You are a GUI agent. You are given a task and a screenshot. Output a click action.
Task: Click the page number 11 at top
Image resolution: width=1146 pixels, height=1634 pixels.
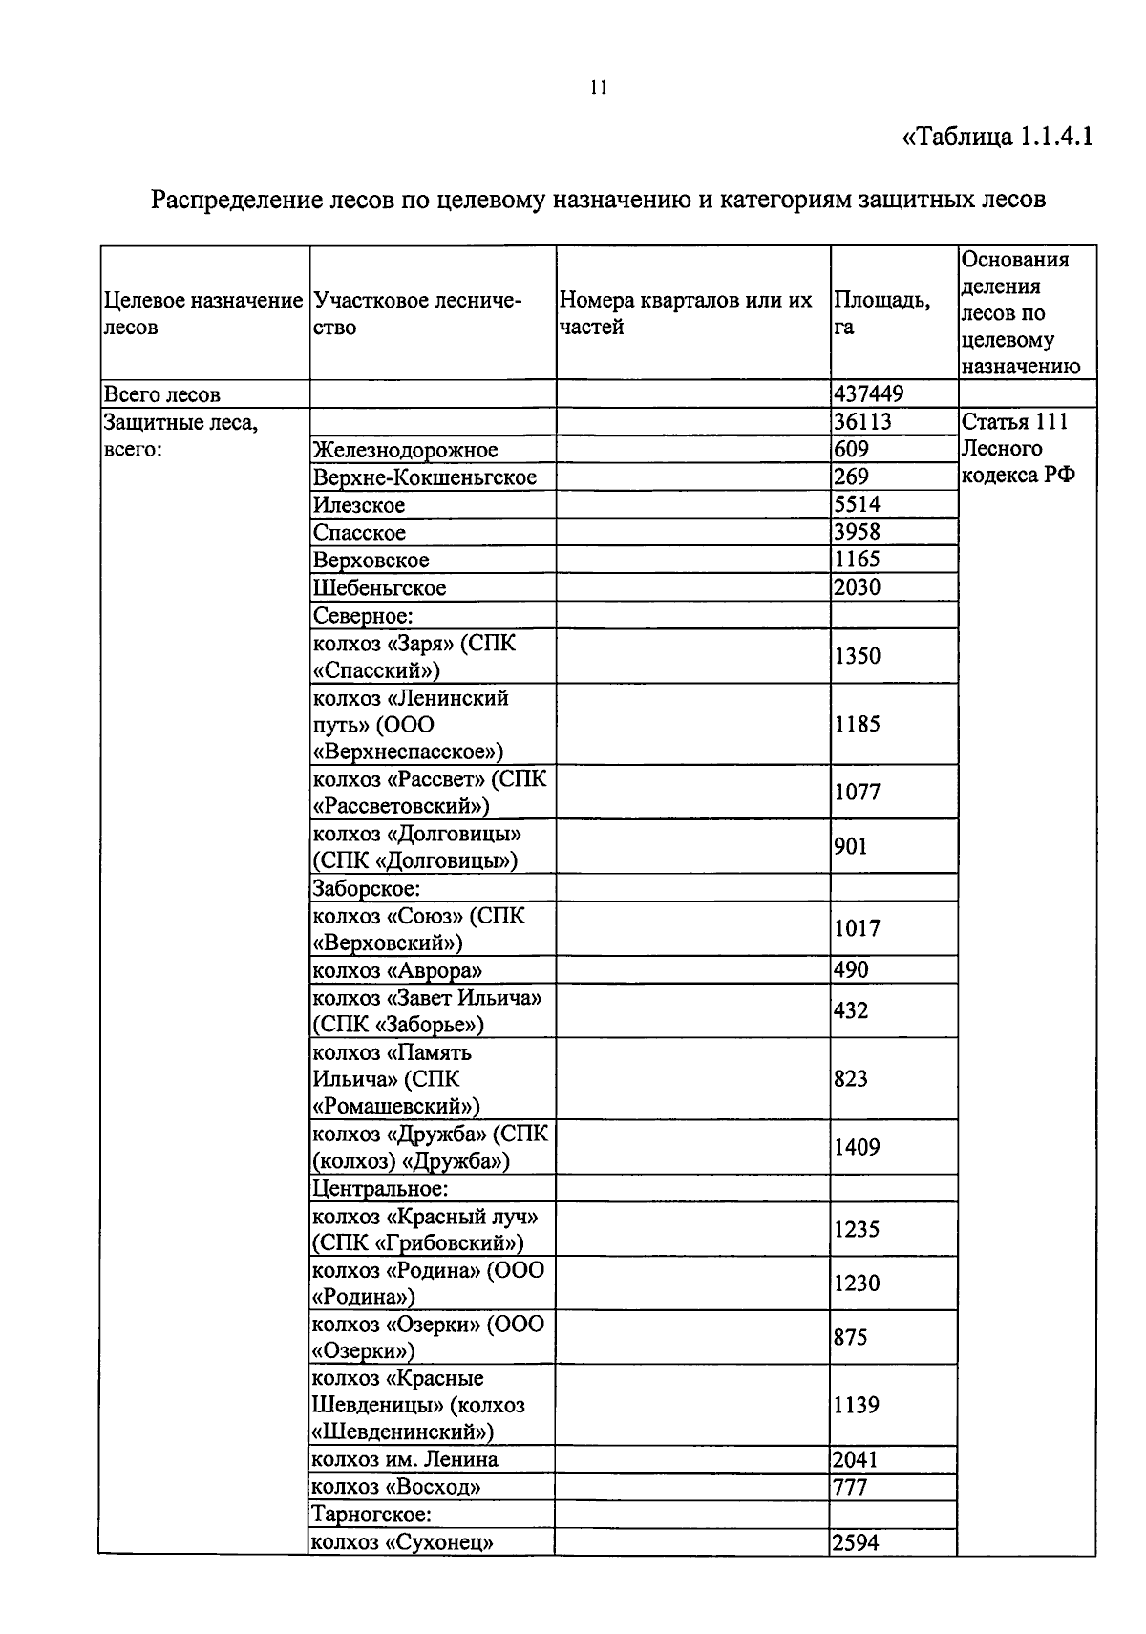click(x=599, y=88)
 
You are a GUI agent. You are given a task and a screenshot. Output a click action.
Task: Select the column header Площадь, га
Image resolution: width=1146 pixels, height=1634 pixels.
click(x=881, y=313)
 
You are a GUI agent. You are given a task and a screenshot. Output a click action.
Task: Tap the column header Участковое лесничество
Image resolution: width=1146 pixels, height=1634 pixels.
click(x=417, y=314)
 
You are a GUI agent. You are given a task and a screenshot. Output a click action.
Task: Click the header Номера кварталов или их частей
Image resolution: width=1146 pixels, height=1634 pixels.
click(x=685, y=313)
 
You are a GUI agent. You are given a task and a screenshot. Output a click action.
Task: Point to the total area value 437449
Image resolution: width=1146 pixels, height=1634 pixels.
click(x=869, y=393)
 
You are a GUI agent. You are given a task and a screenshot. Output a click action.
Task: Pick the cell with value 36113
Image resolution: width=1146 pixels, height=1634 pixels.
click(x=862, y=422)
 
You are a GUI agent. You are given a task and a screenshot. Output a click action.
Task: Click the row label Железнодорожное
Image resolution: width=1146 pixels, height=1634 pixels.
click(x=405, y=450)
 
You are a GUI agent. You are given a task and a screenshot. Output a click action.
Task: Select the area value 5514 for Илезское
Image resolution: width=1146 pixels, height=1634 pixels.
click(x=857, y=504)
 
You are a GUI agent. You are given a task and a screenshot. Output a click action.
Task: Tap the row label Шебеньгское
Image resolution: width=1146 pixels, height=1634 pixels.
click(x=379, y=587)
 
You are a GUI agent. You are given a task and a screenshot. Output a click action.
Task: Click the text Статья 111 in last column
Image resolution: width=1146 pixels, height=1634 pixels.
click(x=1015, y=422)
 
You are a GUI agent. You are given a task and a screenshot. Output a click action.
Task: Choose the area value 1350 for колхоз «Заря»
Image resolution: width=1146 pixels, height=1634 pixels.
click(x=857, y=656)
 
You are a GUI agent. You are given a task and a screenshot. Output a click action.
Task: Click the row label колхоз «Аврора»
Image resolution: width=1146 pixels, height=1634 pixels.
click(x=397, y=970)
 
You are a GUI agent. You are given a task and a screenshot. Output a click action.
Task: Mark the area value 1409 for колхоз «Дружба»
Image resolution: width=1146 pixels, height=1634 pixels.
click(x=857, y=1147)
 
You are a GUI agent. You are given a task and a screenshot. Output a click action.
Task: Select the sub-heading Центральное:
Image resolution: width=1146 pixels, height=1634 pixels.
click(x=380, y=1189)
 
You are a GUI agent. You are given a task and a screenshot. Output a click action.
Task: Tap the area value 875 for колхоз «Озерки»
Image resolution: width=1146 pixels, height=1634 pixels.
click(x=851, y=1337)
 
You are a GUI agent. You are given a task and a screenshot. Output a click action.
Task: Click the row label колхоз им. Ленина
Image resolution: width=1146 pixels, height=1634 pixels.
click(x=405, y=1459)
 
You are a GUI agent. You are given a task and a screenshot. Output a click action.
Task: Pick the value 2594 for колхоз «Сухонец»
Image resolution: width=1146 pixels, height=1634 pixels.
click(x=857, y=1542)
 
